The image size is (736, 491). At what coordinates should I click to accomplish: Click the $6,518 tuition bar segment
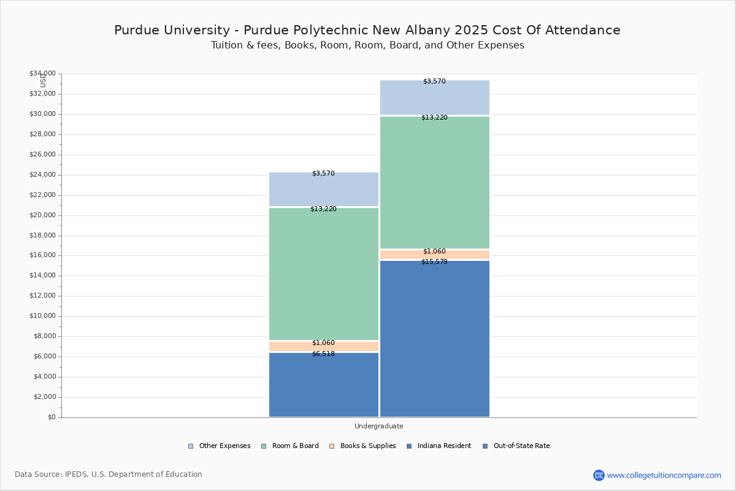click(324, 385)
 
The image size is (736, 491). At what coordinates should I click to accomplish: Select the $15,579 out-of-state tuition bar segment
click(435, 339)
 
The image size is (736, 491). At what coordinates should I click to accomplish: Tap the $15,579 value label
click(434, 262)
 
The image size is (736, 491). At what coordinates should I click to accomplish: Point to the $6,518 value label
click(323, 354)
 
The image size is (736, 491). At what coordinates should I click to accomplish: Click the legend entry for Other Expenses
click(219, 446)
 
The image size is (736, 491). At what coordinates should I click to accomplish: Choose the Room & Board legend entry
click(289, 446)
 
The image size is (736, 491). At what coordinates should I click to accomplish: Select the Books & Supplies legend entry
click(362, 446)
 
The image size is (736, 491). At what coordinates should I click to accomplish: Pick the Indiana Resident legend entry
click(439, 446)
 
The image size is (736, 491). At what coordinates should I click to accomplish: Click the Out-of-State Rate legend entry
click(516, 446)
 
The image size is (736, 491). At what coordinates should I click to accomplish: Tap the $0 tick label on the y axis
click(52, 417)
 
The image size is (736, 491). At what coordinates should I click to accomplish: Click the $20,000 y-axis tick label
click(42, 215)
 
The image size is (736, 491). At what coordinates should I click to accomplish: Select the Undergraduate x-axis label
click(379, 426)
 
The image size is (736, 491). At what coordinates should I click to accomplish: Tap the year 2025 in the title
click(472, 30)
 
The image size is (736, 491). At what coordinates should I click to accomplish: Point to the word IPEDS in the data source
click(76, 474)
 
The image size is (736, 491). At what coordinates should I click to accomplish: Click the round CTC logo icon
click(599, 475)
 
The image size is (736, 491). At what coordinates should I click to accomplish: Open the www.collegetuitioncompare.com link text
click(664, 476)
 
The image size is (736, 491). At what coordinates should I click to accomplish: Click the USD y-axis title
click(43, 80)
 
